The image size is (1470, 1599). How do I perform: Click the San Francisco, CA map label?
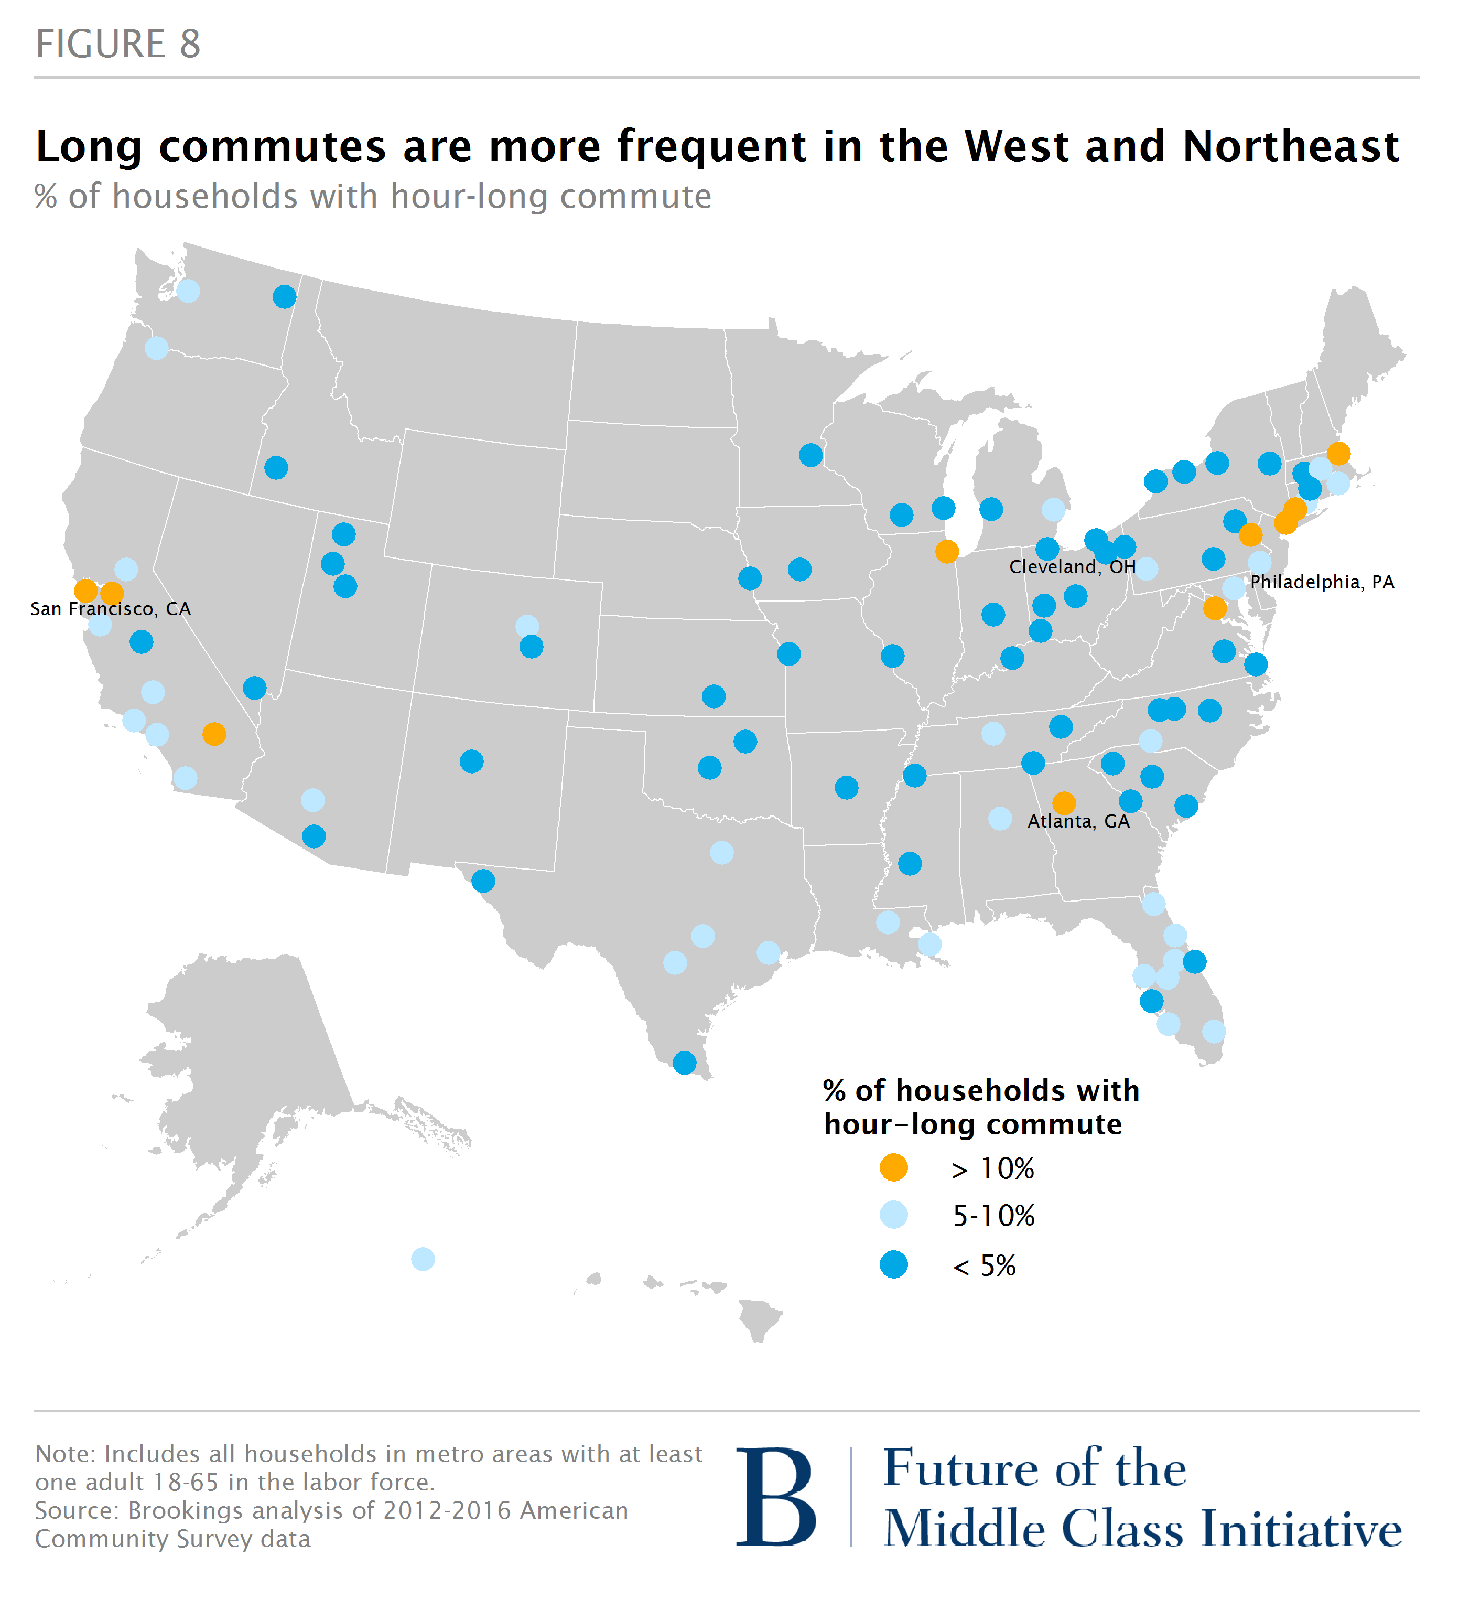tap(111, 609)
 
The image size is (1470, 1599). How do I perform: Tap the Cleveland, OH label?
tap(1072, 567)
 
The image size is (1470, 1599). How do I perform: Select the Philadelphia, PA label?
tap(1321, 582)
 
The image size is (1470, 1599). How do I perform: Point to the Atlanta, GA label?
tap(1078, 822)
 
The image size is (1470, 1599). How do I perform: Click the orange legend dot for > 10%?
tap(893, 1168)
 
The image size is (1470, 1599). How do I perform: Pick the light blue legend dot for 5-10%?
tap(893, 1215)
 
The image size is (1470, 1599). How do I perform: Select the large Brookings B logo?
tap(775, 1498)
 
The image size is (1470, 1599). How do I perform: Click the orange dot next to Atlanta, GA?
tap(1064, 803)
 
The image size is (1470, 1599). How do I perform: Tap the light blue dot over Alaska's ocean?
tap(423, 1259)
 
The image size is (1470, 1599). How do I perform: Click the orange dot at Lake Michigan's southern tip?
tap(947, 551)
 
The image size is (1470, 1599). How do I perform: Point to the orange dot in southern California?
tap(214, 734)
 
